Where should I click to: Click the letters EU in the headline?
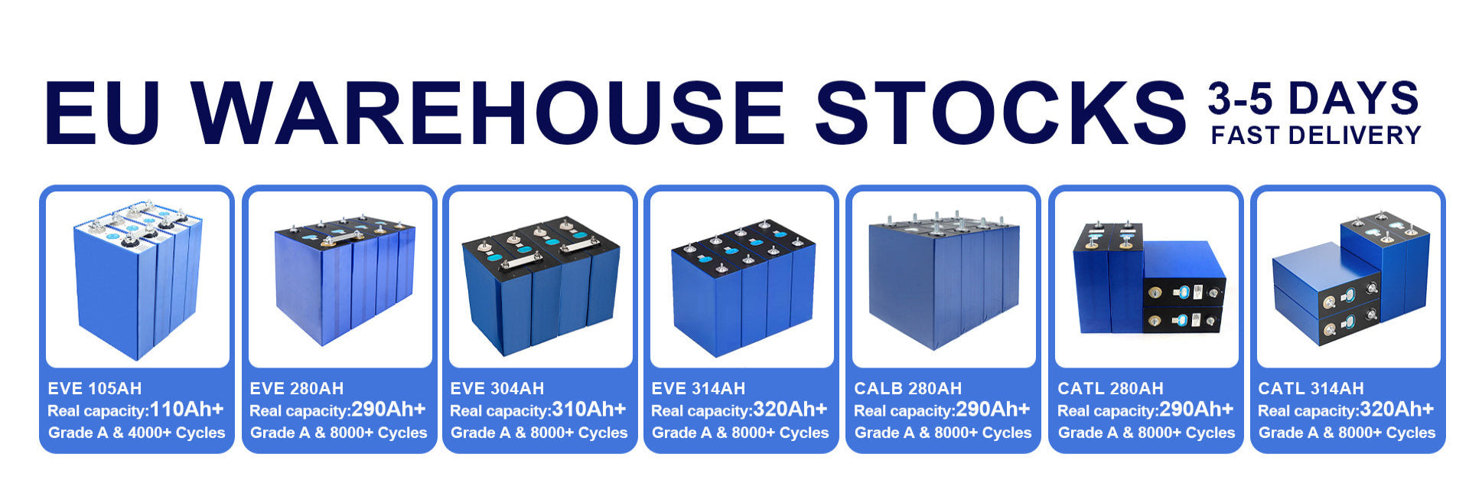(103, 112)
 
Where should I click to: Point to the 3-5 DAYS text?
(1314, 99)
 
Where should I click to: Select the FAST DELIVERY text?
(1316, 136)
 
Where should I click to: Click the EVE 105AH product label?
(95, 389)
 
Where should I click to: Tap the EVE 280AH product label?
(297, 389)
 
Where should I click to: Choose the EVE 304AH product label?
(497, 389)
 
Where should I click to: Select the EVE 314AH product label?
(699, 389)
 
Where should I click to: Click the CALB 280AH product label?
(908, 389)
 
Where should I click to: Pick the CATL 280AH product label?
(1110, 389)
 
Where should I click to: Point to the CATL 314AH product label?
(1311, 389)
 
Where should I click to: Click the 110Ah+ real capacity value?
(187, 410)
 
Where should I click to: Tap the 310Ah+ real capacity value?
(589, 410)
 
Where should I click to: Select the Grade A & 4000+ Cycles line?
(137, 433)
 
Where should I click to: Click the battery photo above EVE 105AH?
(138, 279)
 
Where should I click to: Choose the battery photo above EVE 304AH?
(541, 279)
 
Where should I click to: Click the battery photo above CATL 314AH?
(1349, 279)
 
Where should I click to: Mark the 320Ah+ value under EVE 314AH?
(790, 410)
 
